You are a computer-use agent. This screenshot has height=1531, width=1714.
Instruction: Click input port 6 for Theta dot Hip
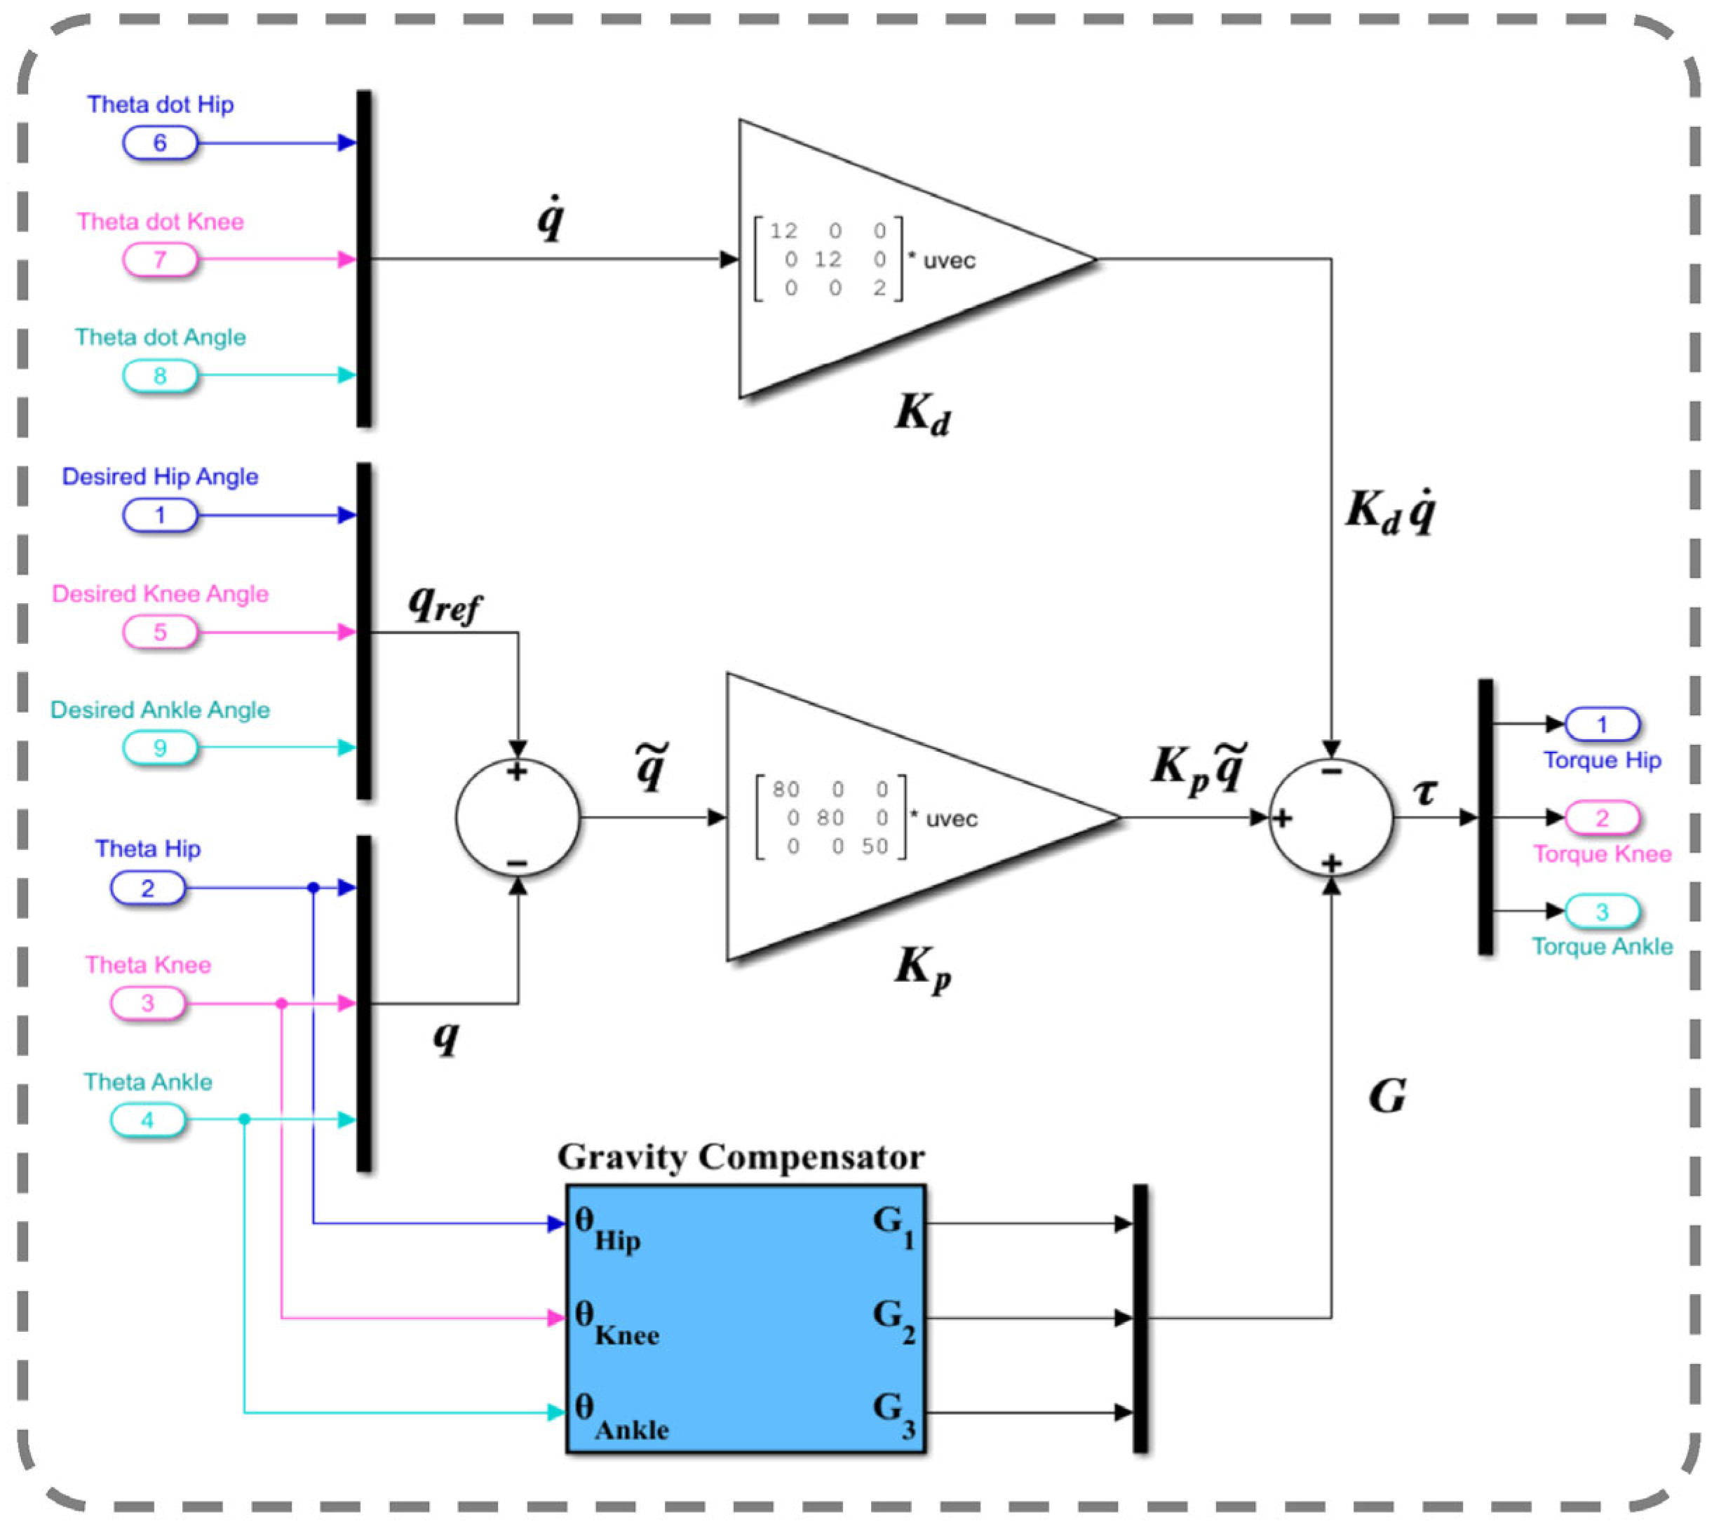(160, 143)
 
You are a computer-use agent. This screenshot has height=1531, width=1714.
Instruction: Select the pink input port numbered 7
(160, 259)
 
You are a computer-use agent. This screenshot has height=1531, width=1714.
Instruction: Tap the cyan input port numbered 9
(160, 748)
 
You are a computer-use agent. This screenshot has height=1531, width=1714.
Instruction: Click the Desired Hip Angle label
(160, 477)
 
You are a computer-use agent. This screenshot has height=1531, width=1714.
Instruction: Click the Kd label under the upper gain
(922, 414)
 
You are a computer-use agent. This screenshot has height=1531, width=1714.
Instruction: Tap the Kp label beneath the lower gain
(922, 967)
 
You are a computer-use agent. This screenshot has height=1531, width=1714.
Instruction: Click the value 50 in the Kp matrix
(874, 847)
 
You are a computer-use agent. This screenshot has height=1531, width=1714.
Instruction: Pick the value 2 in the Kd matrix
(879, 288)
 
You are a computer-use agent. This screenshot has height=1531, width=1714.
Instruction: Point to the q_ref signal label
(444, 604)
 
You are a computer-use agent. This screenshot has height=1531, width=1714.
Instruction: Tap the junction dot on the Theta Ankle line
(245, 1119)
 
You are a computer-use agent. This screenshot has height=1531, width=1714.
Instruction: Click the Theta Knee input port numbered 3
(147, 1003)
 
